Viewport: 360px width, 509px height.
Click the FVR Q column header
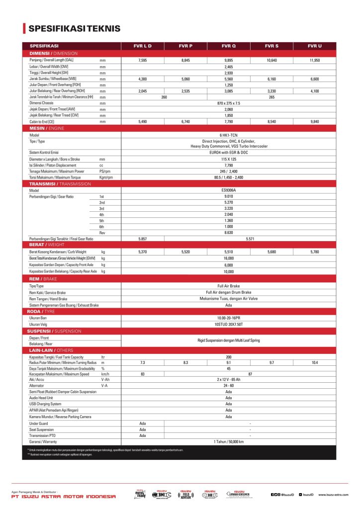pos(229,46)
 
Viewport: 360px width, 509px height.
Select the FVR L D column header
pos(143,46)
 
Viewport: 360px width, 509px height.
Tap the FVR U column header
pos(315,46)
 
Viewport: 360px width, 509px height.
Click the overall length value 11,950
pos(315,60)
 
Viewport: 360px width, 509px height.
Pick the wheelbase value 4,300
pos(143,79)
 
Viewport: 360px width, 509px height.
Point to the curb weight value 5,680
pos(271,252)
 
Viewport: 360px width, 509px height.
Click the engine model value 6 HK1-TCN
pos(229,135)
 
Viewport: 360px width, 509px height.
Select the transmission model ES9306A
pos(229,190)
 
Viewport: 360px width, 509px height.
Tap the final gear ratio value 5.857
pos(143,239)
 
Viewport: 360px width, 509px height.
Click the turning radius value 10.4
pos(315,363)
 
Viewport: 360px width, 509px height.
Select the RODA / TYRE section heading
pos(41,311)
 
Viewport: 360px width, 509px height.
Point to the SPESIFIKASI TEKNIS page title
pos(74,28)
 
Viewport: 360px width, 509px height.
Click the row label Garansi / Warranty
pos(43,441)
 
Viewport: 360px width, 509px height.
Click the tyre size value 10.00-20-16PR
pos(229,318)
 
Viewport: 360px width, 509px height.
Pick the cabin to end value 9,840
pos(315,121)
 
